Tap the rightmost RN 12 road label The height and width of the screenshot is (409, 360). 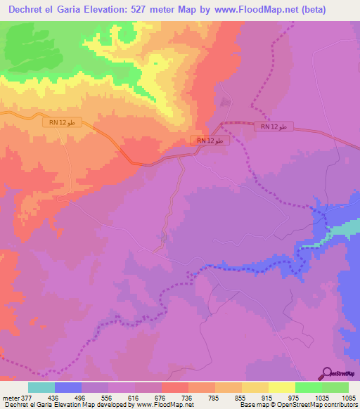tap(273, 126)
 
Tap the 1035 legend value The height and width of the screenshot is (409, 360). tap(321, 397)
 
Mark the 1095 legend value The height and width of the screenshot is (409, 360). tap(349, 397)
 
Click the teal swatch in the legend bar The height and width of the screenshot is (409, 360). tap(41, 387)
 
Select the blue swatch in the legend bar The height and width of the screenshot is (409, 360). tap(68, 387)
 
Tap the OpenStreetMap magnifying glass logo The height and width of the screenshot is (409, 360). tap(326, 374)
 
